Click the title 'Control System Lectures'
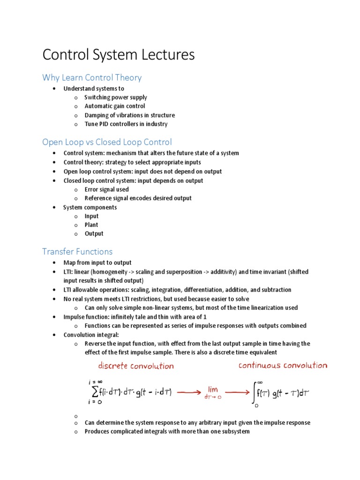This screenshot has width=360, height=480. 118,55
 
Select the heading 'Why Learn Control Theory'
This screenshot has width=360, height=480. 92,77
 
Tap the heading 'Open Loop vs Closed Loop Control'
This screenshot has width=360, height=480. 107,142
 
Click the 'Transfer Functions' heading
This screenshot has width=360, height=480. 77,252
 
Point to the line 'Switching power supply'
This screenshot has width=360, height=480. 115,97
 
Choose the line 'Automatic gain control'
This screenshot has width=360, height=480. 114,106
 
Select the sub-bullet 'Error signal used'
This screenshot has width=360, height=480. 106,189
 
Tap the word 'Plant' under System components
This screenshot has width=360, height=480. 91,225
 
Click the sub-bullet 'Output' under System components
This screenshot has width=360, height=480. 94,234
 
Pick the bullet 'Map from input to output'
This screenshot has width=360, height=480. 97,263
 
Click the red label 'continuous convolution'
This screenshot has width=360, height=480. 283,366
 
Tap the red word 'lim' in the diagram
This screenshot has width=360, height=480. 213,389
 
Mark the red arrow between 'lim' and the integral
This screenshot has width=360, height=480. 237,393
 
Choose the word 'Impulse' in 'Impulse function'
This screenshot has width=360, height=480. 74,317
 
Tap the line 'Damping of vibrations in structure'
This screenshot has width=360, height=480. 129,115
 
